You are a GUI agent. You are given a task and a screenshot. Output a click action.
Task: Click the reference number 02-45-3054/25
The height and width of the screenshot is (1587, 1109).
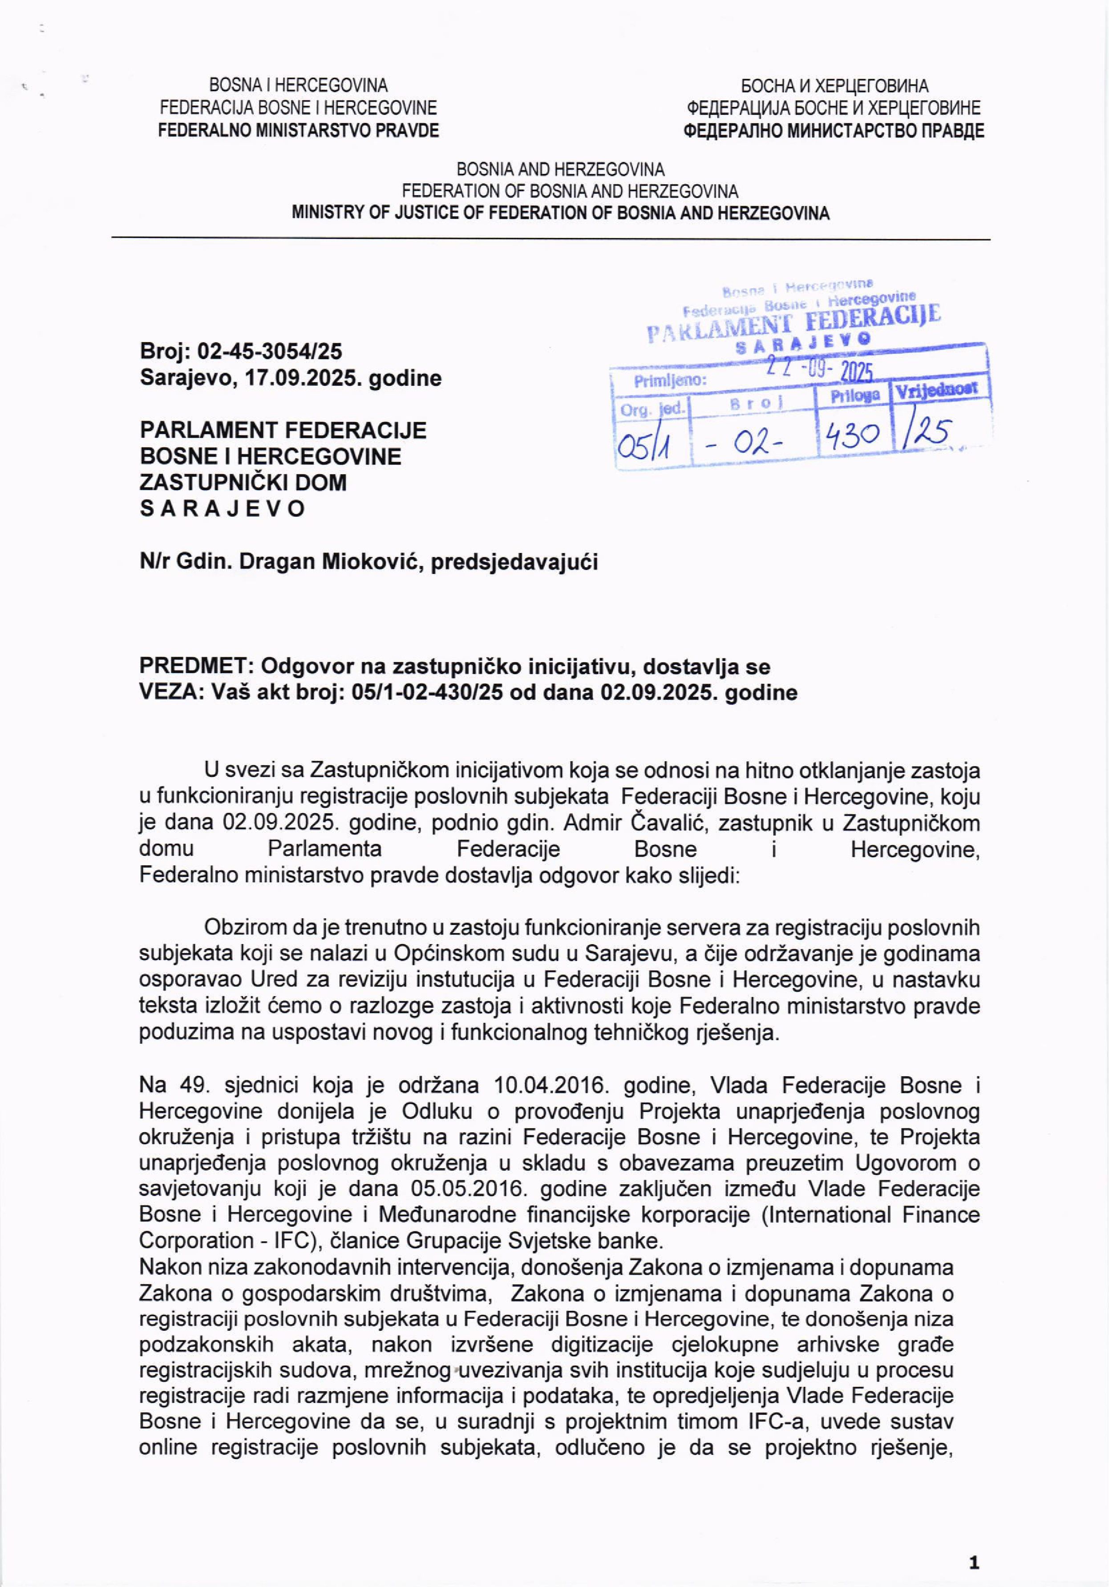pyautogui.click(x=270, y=352)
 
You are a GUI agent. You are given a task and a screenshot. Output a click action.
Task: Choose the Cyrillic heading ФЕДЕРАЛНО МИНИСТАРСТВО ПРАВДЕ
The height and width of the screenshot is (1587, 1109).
pyautogui.click(x=833, y=131)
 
